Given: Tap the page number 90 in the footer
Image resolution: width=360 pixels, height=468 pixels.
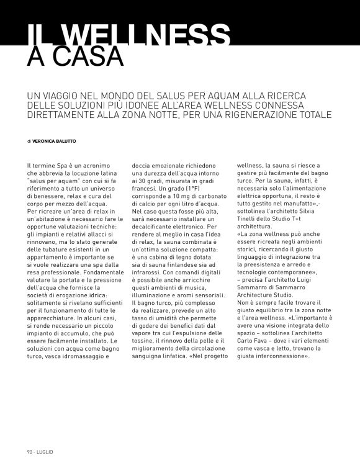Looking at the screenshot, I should tap(29, 451).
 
